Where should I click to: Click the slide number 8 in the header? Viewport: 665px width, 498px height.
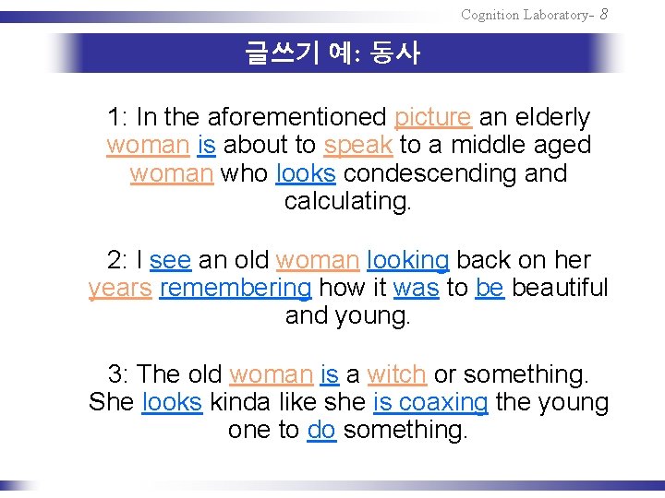(603, 14)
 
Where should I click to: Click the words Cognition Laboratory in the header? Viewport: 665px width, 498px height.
(523, 15)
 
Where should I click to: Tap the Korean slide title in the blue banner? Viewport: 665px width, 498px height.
(332, 53)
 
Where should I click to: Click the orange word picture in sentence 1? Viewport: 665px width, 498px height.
(433, 118)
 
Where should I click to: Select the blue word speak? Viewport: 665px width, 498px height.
(359, 146)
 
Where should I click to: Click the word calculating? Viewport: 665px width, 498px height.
(347, 201)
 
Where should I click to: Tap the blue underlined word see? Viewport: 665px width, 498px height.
(170, 260)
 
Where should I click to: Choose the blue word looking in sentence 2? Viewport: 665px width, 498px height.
(407, 260)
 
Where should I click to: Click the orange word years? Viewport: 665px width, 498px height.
(120, 288)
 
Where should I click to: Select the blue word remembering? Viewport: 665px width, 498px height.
(236, 288)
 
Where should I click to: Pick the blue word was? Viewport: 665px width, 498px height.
(416, 288)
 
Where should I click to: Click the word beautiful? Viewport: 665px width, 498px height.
(560, 288)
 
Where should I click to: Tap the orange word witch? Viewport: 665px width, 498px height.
(396, 374)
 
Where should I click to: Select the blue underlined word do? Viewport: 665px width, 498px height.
(321, 430)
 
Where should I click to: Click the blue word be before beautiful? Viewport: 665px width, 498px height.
(490, 288)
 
